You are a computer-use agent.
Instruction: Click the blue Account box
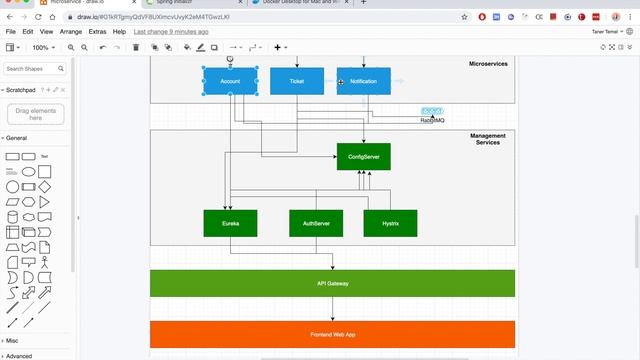(230, 81)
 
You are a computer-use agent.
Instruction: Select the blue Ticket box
(297, 81)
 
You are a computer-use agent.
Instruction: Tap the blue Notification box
(364, 81)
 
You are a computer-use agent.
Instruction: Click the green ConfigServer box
(363, 157)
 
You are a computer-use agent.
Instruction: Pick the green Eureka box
(230, 223)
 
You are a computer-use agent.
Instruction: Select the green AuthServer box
(316, 223)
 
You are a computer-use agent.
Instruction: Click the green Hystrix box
(390, 223)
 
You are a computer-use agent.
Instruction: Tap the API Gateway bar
(332, 283)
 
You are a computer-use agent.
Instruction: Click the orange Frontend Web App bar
(332, 334)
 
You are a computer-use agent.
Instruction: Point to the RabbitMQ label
(432, 120)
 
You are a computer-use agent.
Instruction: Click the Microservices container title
(488, 64)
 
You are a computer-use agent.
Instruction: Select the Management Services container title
(488, 139)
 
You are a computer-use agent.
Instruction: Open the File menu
(11, 32)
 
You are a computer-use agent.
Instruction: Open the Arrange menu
(70, 32)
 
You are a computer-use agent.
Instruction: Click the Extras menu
(97, 32)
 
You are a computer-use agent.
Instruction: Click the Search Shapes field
(31, 69)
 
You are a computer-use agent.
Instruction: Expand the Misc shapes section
(12, 340)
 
